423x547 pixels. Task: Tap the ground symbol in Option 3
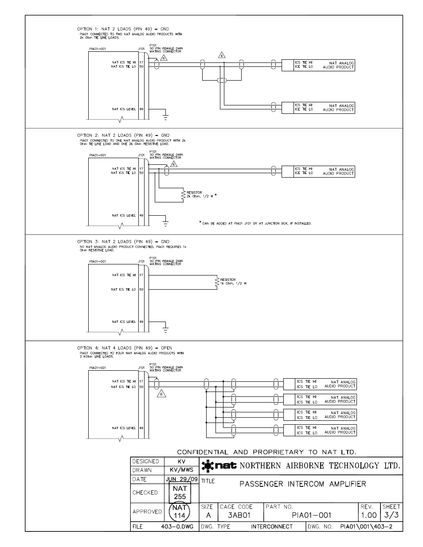point(165,329)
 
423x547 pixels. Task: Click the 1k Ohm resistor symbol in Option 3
point(217,282)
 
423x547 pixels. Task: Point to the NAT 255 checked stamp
point(180,493)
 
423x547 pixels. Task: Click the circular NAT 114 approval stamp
point(180,512)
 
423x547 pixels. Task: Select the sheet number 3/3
point(392,515)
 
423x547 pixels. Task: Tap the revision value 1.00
point(368,515)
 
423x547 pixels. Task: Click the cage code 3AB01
point(239,515)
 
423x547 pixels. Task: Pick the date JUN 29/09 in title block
point(181,479)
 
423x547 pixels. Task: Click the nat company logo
point(219,466)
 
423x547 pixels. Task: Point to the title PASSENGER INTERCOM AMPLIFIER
point(303,484)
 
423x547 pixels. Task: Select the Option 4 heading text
point(125,348)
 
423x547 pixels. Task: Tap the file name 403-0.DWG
point(177,527)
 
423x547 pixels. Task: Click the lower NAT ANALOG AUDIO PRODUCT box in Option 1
point(318,108)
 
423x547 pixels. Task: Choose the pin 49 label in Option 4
point(141,428)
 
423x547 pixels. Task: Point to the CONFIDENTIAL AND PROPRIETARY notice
point(266,452)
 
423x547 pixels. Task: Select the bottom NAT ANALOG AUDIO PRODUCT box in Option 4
point(320,430)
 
